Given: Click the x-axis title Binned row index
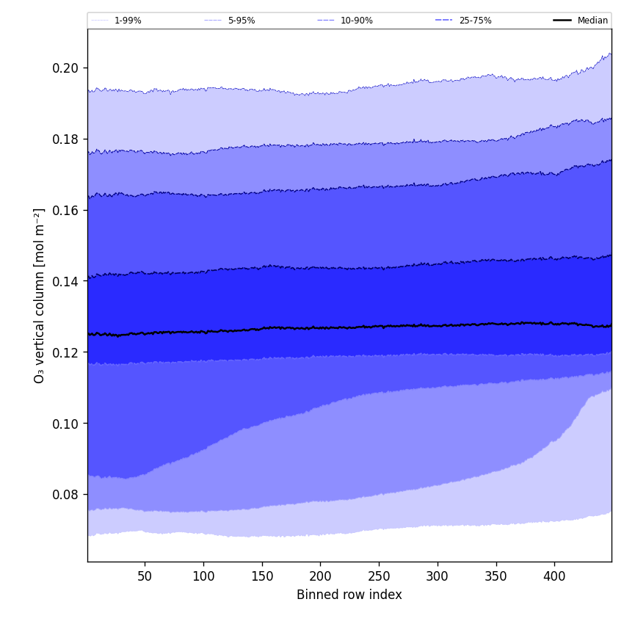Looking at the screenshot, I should pyautogui.click(x=349, y=595).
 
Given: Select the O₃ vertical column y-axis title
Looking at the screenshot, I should pyautogui.click(x=39, y=295).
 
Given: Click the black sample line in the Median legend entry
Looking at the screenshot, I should pyautogui.click(x=562, y=21).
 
